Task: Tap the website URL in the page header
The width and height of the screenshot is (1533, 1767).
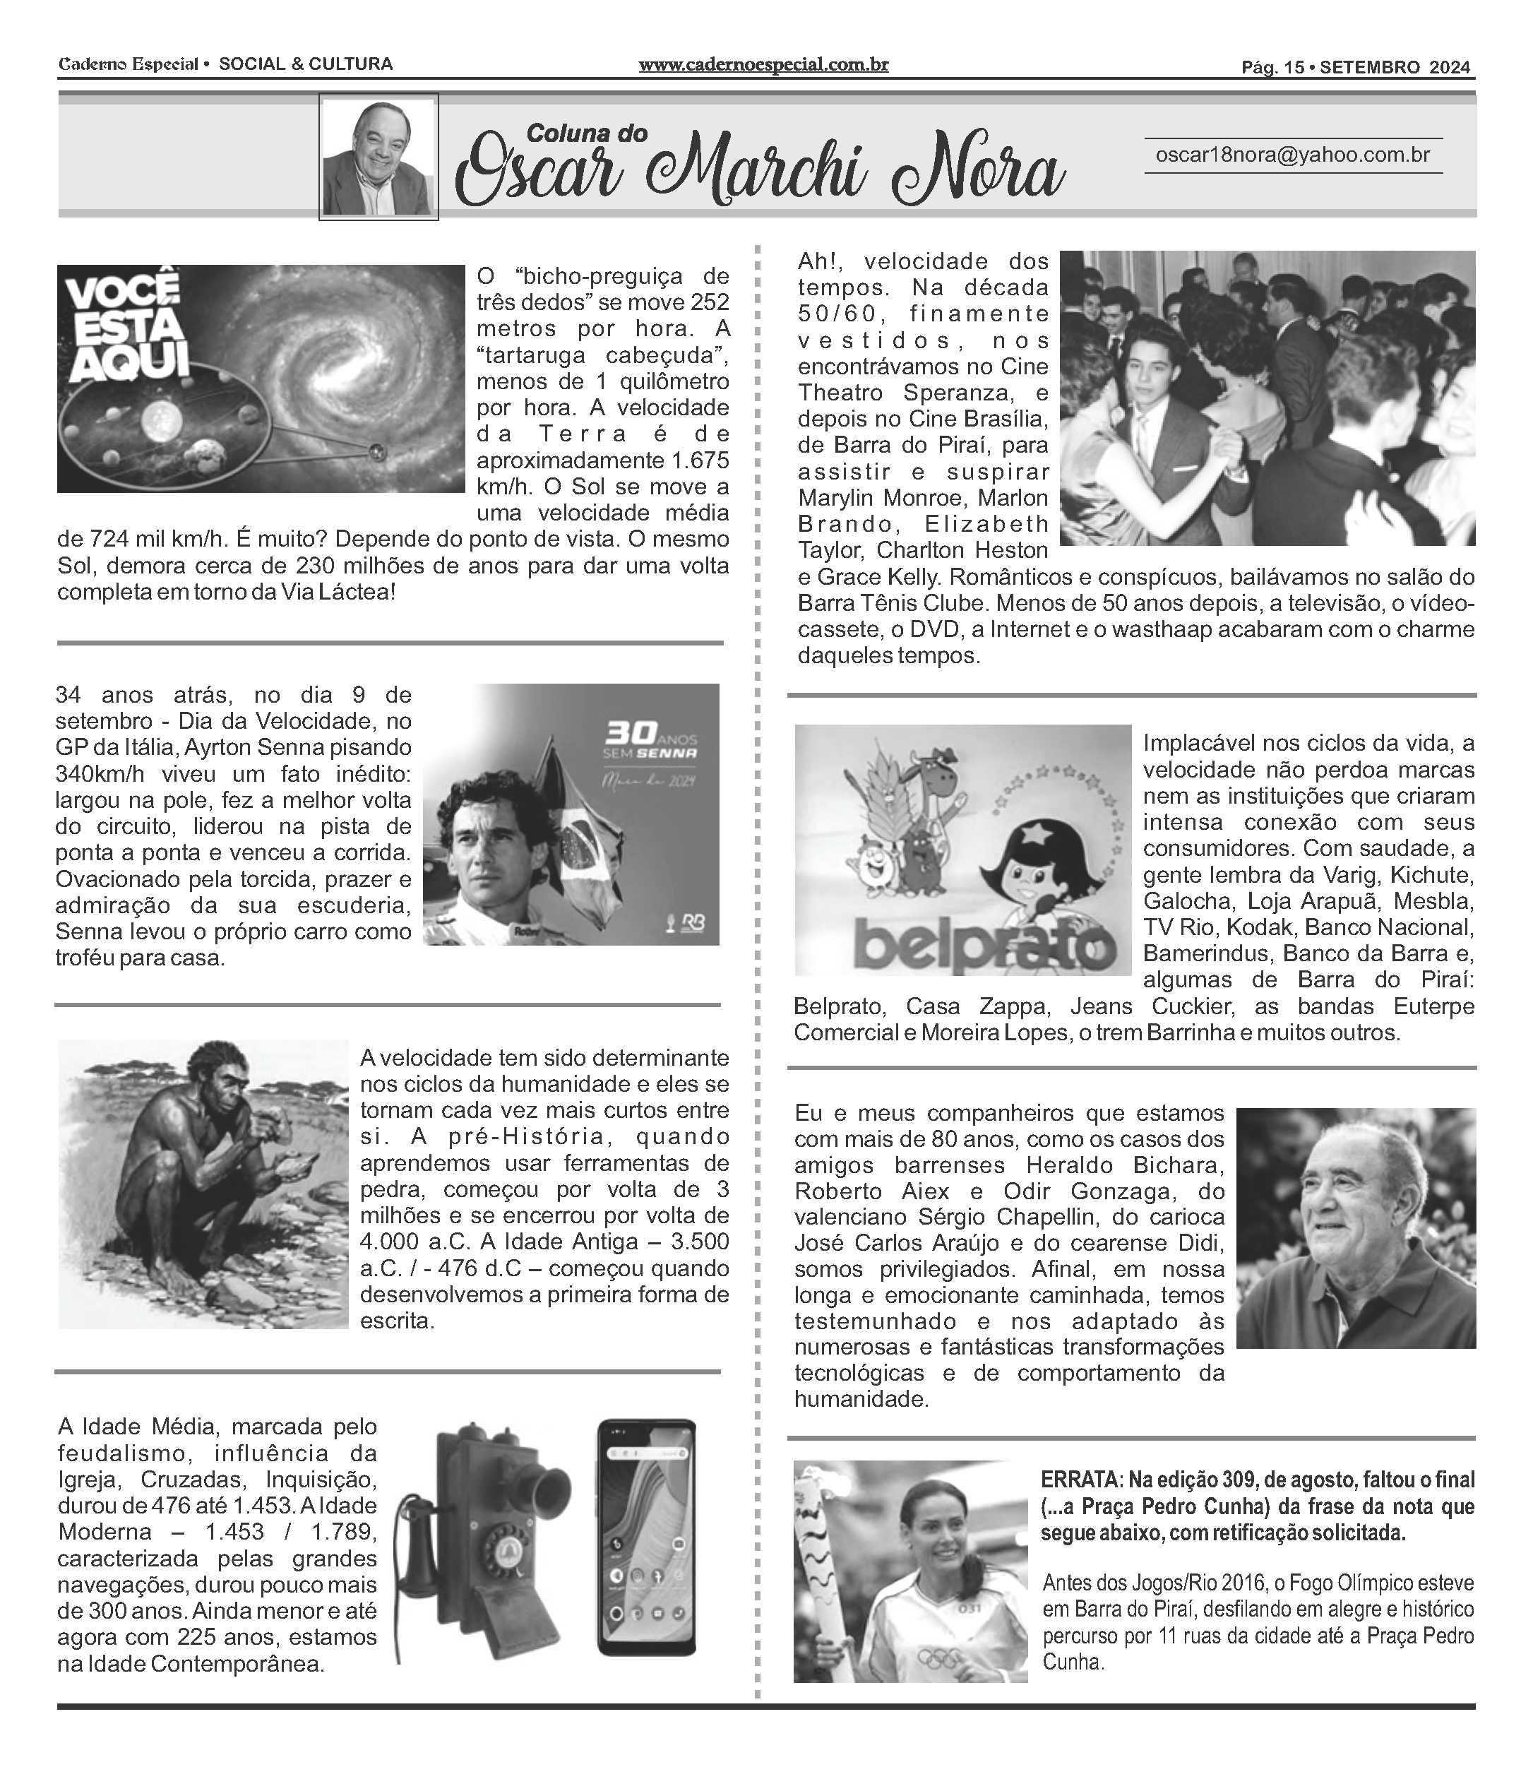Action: pos(763,64)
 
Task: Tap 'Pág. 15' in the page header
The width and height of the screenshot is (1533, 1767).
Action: pos(1272,68)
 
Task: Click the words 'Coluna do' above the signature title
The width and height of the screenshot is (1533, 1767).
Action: pos(587,133)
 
